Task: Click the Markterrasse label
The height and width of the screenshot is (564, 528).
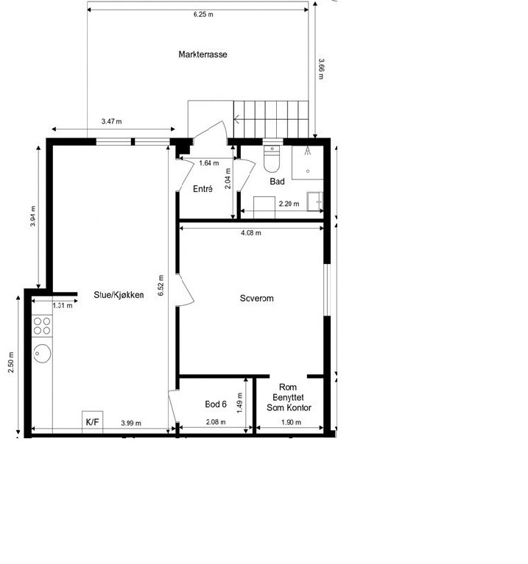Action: (x=203, y=54)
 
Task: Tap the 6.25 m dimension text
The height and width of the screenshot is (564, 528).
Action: (x=203, y=15)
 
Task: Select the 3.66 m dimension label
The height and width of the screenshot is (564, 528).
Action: (x=321, y=68)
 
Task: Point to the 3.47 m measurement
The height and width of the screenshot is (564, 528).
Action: (x=112, y=121)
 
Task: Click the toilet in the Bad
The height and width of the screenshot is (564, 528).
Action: (x=272, y=158)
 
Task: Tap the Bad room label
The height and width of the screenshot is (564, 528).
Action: (x=278, y=182)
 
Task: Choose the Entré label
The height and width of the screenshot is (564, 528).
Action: (x=203, y=189)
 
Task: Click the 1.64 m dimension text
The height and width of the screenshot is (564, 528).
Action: (x=209, y=163)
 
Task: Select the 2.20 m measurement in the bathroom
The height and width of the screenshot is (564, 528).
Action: (x=289, y=204)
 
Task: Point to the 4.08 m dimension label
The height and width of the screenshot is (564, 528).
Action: (x=251, y=232)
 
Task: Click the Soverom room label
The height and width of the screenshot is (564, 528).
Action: (x=257, y=299)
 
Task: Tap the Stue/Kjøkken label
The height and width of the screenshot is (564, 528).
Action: (x=119, y=295)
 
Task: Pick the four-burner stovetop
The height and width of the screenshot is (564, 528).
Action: (x=42, y=326)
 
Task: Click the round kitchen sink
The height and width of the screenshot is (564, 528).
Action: (x=42, y=353)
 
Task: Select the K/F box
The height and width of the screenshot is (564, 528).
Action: (x=93, y=421)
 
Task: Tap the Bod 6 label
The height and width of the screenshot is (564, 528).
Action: (x=216, y=404)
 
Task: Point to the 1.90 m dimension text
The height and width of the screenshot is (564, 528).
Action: (x=291, y=422)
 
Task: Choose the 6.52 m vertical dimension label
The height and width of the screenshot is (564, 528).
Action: (x=161, y=285)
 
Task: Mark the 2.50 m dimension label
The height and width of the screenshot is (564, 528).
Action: (x=11, y=362)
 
